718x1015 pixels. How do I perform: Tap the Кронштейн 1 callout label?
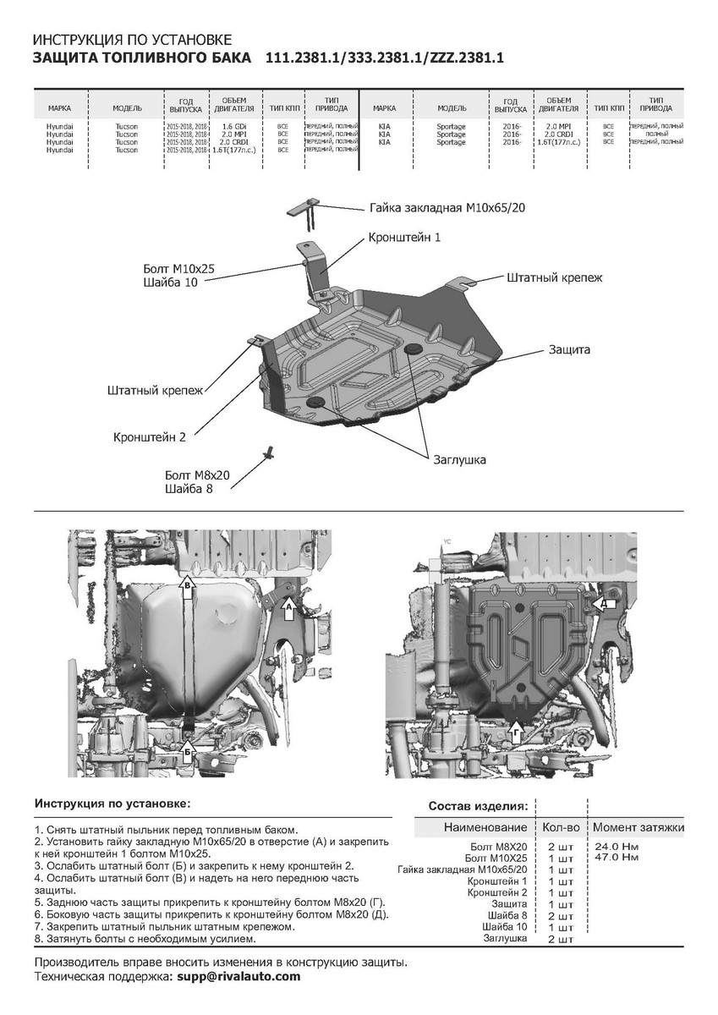(x=404, y=238)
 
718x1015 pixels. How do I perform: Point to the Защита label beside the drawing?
(x=569, y=348)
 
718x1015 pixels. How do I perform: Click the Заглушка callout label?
(x=459, y=459)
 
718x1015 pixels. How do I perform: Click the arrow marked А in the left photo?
(x=288, y=605)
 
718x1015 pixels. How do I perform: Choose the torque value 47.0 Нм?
(x=616, y=857)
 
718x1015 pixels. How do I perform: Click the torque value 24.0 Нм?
(x=616, y=846)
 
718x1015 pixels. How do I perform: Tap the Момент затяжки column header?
(x=638, y=826)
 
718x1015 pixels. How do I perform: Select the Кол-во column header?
(x=560, y=826)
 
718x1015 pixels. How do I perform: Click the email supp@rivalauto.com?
(x=238, y=976)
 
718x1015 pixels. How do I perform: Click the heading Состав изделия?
(x=478, y=805)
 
